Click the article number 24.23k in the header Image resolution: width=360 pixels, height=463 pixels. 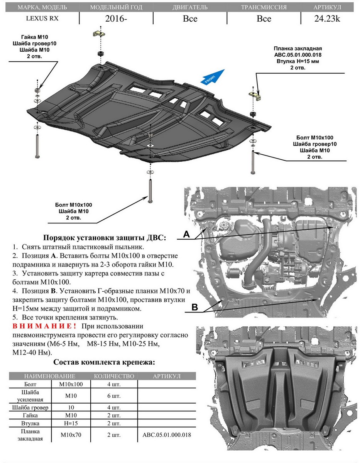[328, 19]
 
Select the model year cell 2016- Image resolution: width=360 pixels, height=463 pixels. [116, 19]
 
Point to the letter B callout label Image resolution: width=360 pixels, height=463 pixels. [194, 307]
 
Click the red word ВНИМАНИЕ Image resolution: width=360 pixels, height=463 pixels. [47, 327]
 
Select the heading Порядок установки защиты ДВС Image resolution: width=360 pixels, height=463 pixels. [105, 238]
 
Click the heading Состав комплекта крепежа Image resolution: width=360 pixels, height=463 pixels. [104, 362]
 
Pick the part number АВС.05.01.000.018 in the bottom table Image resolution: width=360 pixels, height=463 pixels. [167, 434]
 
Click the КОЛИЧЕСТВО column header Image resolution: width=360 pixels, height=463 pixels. [114, 376]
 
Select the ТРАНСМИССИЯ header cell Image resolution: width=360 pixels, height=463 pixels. [264, 7]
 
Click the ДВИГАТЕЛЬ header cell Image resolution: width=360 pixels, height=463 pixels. [190, 7]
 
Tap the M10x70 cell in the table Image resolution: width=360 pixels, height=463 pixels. [71, 434]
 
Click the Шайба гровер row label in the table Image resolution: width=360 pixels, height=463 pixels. [30, 407]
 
